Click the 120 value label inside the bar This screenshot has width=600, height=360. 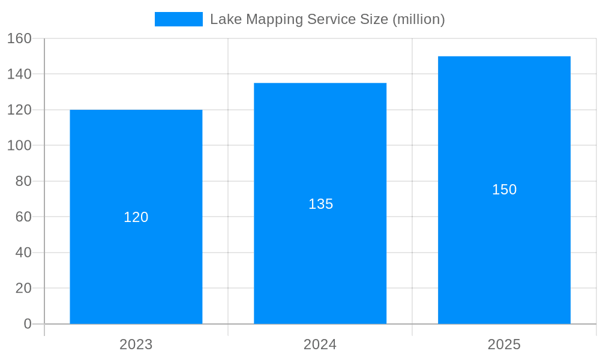click(x=136, y=217)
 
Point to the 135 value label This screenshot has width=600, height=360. click(x=320, y=204)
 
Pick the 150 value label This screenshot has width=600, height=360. click(x=504, y=190)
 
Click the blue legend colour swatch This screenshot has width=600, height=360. click(x=179, y=19)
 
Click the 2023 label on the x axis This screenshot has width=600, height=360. click(x=136, y=344)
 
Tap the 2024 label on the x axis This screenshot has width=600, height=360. click(x=320, y=344)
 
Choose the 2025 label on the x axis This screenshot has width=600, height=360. click(x=504, y=344)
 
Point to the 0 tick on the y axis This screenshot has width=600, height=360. click(x=28, y=324)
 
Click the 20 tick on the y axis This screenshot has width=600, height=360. click(x=23, y=288)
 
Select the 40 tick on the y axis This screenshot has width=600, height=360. click(x=23, y=253)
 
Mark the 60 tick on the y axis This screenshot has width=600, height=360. click(x=23, y=217)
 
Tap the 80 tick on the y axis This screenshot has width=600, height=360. click(x=23, y=181)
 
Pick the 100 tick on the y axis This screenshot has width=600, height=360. click(x=19, y=145)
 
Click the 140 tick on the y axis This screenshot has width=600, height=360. click(x=19, y=74)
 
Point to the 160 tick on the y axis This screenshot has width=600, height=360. click(x=19, y=38)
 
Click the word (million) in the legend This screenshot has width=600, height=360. click(x=418, y=19)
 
